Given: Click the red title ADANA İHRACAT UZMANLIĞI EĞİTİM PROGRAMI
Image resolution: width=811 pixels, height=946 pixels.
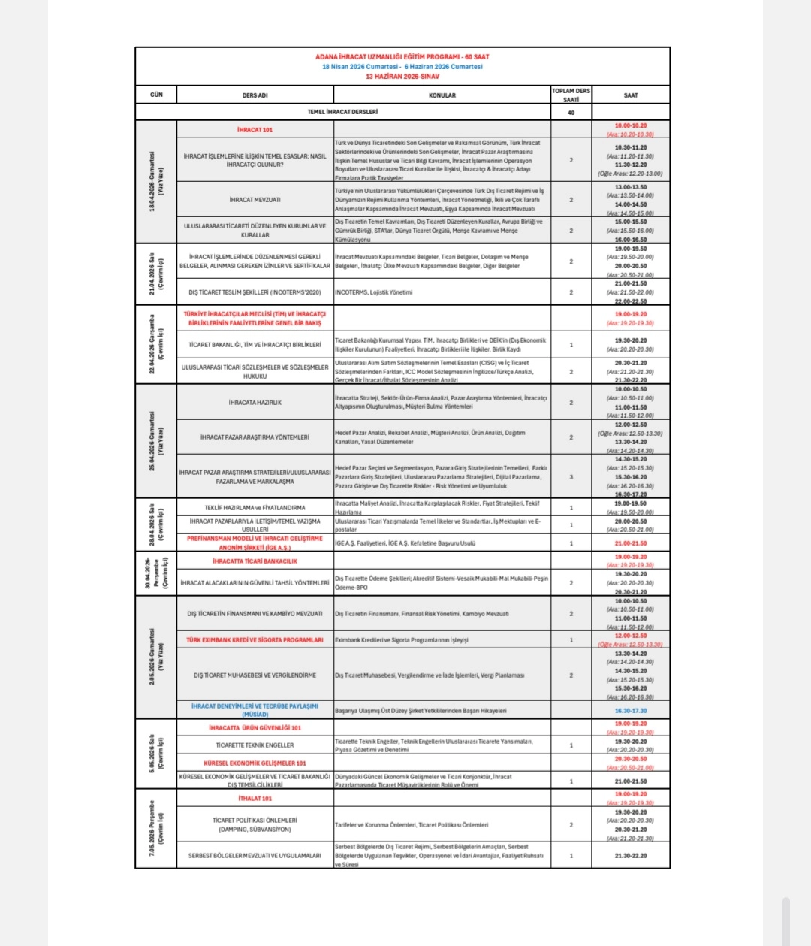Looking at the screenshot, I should pos(402,56).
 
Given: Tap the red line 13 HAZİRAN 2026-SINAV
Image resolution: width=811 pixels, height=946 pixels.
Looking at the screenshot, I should pos(402,76).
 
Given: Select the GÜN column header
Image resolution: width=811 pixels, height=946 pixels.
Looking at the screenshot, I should pos(156,95).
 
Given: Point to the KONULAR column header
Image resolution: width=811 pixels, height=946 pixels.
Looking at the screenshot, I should pos(442,95).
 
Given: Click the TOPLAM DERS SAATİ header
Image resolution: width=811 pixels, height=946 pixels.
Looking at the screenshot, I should pos(571,95).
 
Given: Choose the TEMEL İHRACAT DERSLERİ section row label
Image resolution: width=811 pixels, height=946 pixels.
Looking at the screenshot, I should pos(342,112).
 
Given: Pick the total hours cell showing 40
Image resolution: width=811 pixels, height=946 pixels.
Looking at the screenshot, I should pos(571,113).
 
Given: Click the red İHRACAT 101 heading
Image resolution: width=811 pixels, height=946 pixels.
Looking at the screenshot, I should pos(255,130).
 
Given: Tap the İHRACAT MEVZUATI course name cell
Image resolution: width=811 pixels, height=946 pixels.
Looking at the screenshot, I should pos(255,200).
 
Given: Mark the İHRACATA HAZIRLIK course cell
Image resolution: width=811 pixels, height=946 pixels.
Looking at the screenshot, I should pos(255,403).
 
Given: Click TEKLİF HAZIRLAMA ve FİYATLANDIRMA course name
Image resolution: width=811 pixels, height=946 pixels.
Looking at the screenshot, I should pos(255,508).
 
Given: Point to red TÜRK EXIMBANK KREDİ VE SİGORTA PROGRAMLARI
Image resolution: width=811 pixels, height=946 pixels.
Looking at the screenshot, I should pos(255,640).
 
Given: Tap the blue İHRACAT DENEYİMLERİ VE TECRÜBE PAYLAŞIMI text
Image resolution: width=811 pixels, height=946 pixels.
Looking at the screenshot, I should pos(255,710).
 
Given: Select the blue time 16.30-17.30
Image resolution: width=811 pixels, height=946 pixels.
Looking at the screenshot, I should pos(630,710).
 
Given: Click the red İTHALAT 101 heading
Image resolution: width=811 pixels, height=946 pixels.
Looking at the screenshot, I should pos(255,798).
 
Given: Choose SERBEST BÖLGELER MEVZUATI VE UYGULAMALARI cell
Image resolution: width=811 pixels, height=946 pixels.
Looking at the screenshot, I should pos(255,856).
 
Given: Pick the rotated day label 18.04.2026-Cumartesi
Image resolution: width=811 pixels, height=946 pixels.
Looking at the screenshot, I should pos(156,181).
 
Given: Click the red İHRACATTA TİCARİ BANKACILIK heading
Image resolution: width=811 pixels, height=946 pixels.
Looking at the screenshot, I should pos(255,561).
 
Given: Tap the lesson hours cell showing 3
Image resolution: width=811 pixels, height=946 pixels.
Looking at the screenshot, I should pos(571,477).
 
